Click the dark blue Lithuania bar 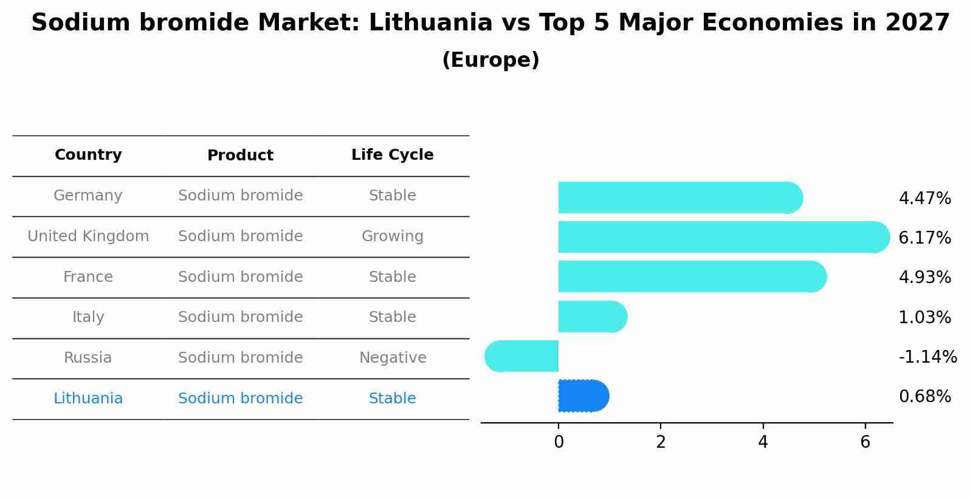point(582,396)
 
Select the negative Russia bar point(522,357)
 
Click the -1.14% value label point(927,357)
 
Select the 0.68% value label point(924,397)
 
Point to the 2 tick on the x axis point(661,442)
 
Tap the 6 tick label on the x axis point(865,442)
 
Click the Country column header point(88,155)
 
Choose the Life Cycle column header point(392,155)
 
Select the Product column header point(240,156)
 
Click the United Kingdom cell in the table point(88,236)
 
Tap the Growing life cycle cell point(392,236)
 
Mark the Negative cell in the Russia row point(392,358)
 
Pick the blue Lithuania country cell point(88,399)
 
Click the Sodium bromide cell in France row point(240,277)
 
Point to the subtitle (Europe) point(490,60)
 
